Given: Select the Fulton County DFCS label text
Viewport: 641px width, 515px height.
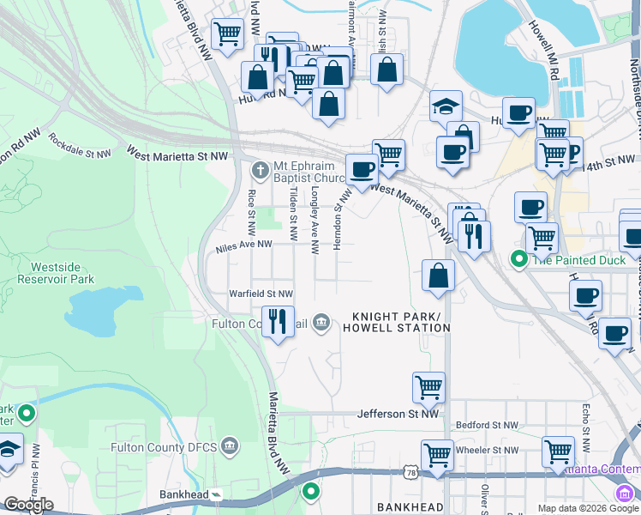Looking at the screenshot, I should pos(165,447).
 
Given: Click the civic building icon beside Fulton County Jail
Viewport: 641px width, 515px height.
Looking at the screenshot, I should pos(320,323).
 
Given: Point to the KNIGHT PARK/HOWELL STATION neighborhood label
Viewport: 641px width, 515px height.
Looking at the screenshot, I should pos(396,322).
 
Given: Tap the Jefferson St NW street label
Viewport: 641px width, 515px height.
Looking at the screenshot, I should pos(398,414).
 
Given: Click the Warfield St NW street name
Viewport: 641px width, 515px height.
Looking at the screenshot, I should pos(261,294).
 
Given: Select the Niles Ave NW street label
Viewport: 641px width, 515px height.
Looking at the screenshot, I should pos(244,245).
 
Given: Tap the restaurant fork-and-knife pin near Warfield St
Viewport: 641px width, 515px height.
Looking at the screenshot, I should pos(278,322).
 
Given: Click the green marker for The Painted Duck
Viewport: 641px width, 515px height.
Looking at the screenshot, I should pos(518,257).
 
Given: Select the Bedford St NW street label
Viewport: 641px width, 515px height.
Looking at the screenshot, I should pos(487,425).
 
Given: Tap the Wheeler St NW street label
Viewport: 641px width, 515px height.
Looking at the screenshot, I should pos(487,450).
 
